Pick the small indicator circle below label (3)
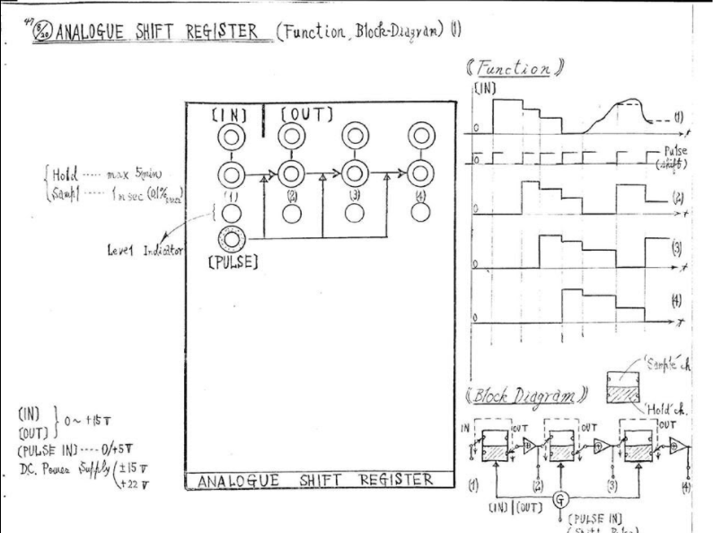[x=355, y=212]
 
